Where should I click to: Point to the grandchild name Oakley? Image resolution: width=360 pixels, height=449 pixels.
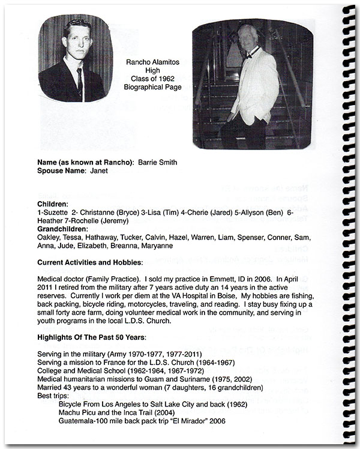click(x=49, y=237)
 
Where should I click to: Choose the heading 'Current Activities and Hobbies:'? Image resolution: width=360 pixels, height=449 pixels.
click(x=90, y=262)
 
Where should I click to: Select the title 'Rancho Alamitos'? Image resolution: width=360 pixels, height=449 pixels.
click(x=148, y=62)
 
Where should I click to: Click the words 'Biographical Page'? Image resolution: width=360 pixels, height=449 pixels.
click(x=148, y=87)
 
